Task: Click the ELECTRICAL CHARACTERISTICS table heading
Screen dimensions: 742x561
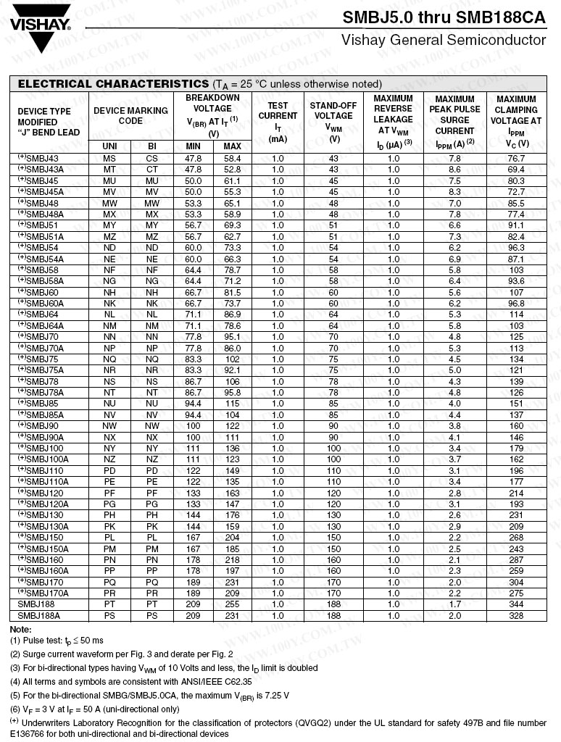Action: (113, 84)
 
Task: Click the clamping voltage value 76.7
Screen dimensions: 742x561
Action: (516, 158)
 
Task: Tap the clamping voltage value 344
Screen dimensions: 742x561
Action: (516, 604)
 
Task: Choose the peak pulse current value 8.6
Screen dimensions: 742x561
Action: (454, 169)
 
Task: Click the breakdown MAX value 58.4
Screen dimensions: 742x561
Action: (232, 158)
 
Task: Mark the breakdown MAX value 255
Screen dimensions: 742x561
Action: (232, 604)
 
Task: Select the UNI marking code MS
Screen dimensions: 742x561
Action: (109, 158)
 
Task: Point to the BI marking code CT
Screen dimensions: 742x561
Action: (151, 169)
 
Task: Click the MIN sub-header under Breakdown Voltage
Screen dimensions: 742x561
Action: (193, 146)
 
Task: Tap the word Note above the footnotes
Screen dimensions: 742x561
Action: (20, 629)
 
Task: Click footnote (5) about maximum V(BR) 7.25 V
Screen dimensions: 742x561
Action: (149, 696)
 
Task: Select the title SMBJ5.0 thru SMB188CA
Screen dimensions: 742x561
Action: (444, 17)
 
